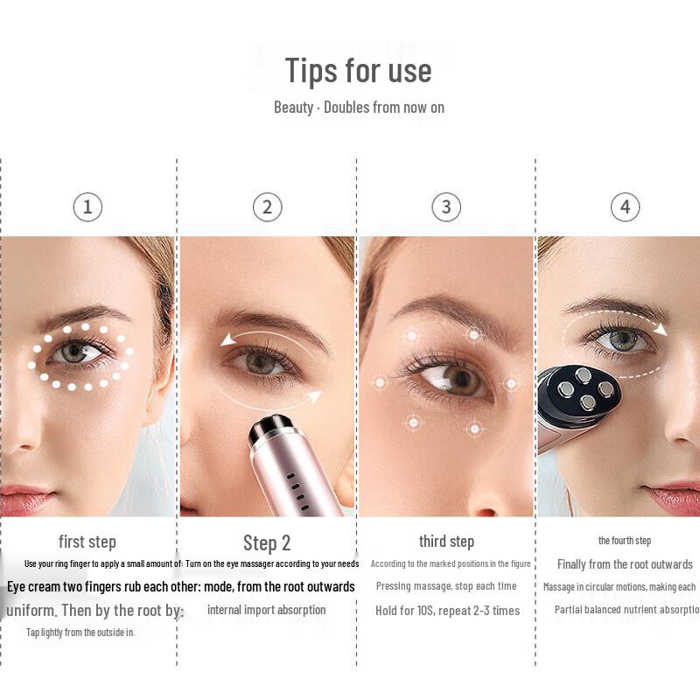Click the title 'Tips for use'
click(x=358, y=71)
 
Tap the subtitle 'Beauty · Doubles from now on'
click(x=359, y=108)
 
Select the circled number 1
click(x=87, y=207)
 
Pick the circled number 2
click(x=267, y=207)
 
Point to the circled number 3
click(x=446, y=207)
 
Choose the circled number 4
click(x=625, y=207)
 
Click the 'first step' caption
click(x=87, y=542)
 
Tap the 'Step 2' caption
click(x=267, y=543)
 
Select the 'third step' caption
click(x=446, y=542)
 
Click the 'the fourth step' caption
click(x=625, y=541)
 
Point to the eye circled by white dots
click(x=77, y=353)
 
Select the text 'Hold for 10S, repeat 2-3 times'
click(x=447, y=611)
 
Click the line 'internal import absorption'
click(x=266, y=610)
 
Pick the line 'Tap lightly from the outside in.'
click(x=80, y=632)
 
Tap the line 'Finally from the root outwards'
click(x=625, y=564)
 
